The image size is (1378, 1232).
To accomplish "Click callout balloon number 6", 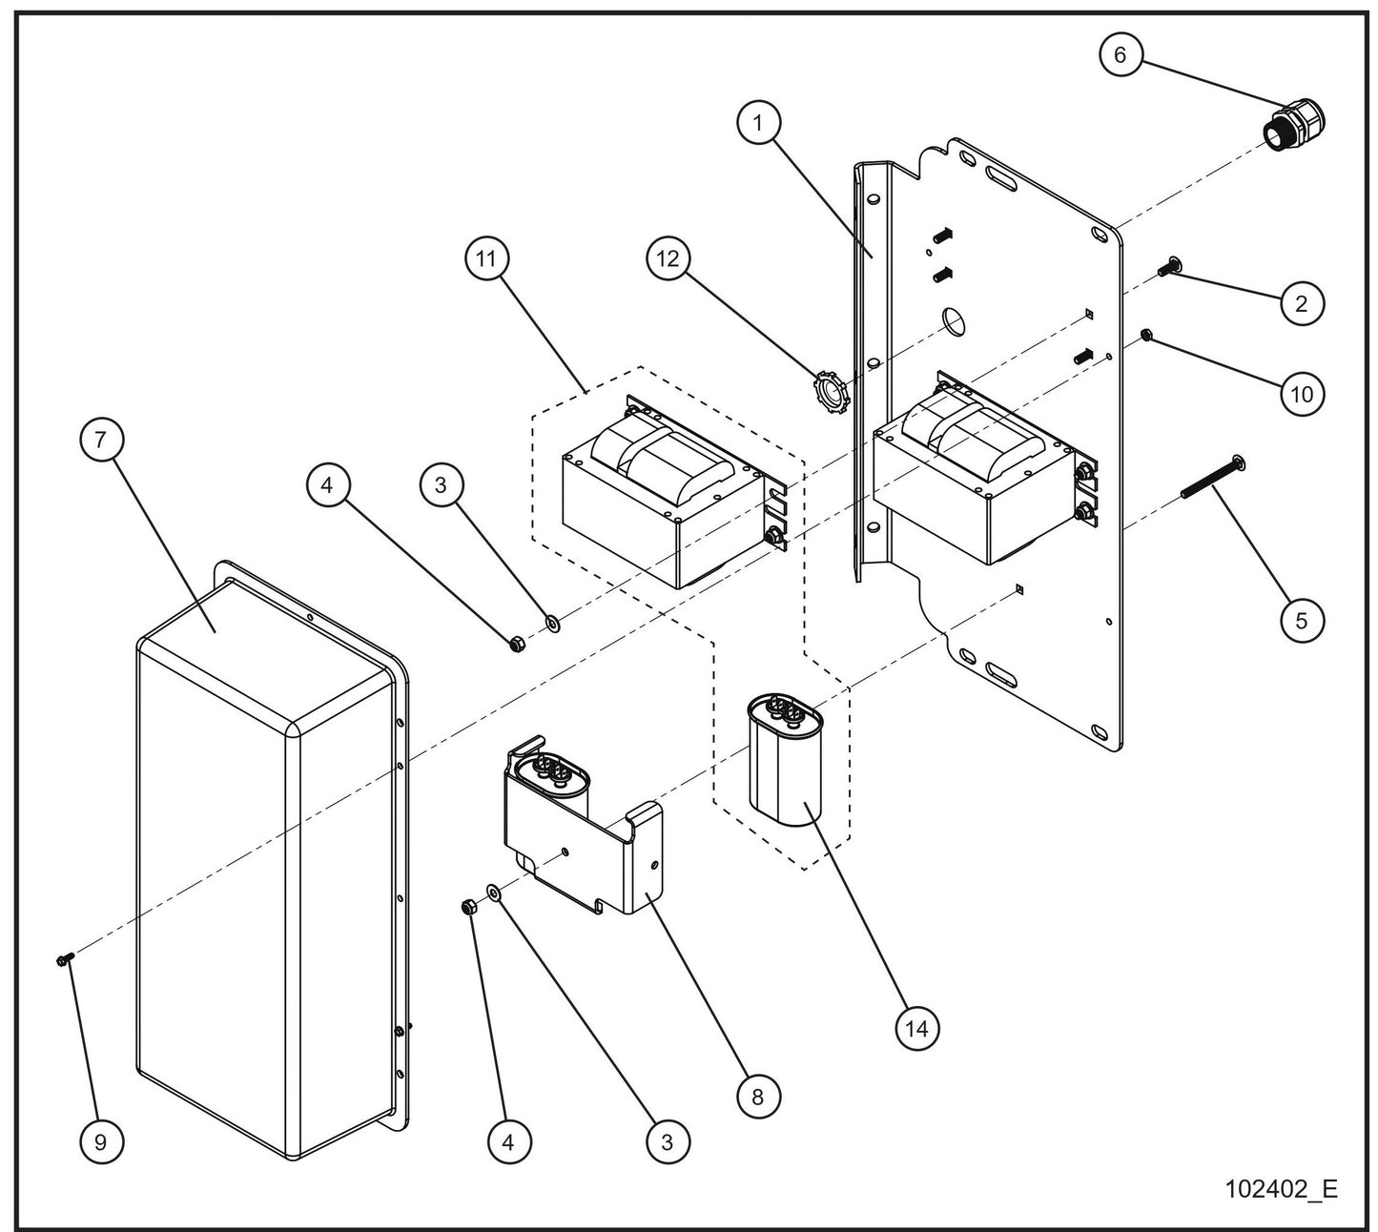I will pyautogui.click(x=1120, y=55).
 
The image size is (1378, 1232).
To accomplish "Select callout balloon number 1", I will pyautogui.click(x=759, y=123).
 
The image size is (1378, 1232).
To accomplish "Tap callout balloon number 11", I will pyautogui.click(x=487, y=258).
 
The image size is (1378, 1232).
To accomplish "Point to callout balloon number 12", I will pyautogui.click(x=668, y=258).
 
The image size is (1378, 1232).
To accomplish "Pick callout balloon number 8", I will pyautogui.click(x=758, y=1096).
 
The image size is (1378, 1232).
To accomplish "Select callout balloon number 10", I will pyautogui.click(x=1302, y=393).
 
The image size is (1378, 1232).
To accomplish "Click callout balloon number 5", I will pyautogui.click(x=1302, y=620).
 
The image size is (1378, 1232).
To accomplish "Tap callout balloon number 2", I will pyautogui.click(x=1302, y=304).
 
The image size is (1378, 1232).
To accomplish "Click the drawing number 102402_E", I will pyautogui.click(x=1281, y=1189).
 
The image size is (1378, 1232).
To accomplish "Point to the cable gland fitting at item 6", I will pyautogui.click(x=1295, y=125).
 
